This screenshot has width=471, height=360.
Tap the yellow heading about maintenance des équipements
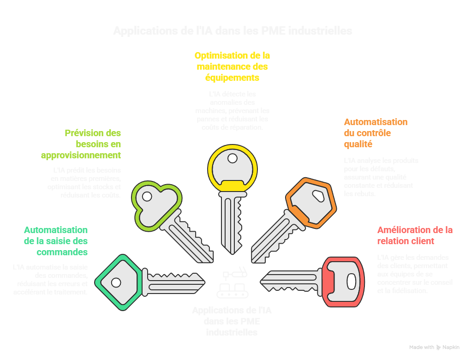coord(232,66)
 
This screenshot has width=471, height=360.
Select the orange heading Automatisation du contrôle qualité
coord(376,133)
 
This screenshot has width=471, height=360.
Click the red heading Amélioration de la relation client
coord(415,235)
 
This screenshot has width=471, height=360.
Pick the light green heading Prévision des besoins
coord(81,144)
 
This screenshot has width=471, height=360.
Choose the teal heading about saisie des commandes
coord(56,241)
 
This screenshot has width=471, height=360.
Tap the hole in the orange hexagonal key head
coord(318,196)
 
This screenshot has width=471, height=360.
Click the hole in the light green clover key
coord(147,197)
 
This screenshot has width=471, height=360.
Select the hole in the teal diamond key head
coord(115,282)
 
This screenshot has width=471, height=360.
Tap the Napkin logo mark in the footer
coord(438,348)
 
